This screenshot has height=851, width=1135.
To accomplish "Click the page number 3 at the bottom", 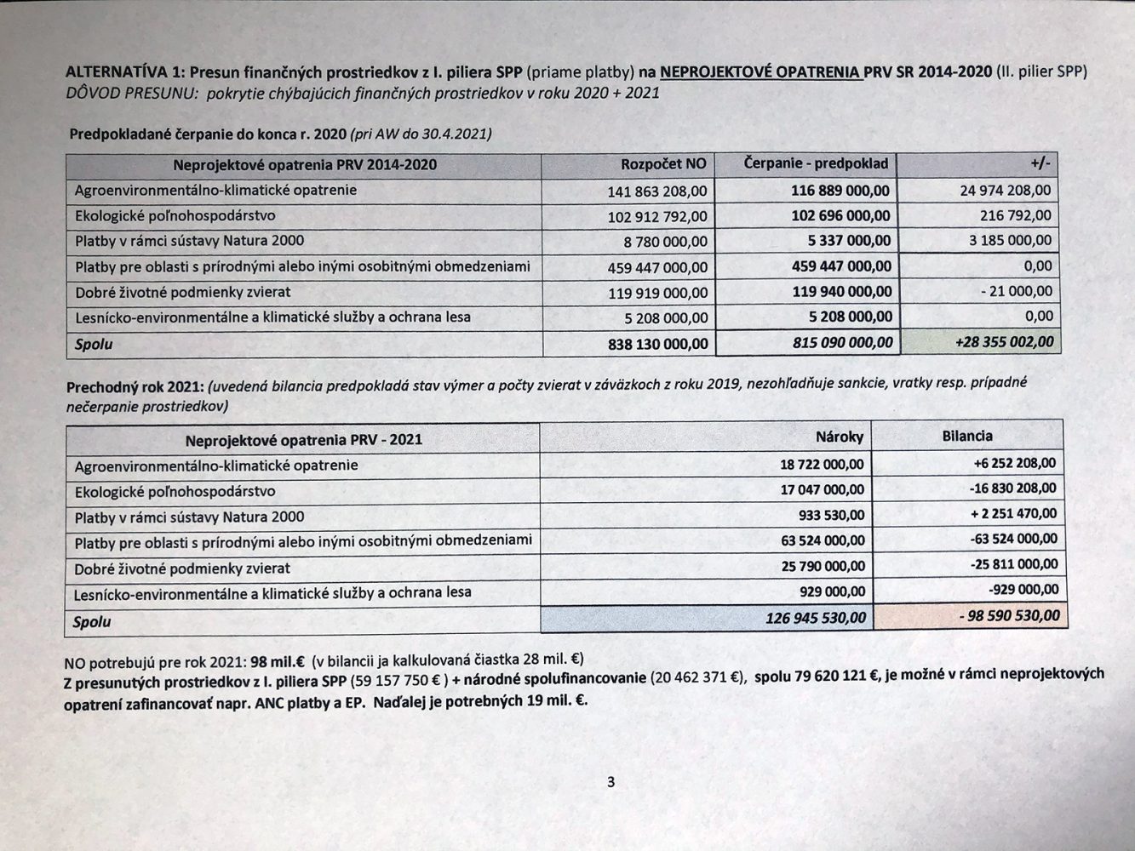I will point(610,782).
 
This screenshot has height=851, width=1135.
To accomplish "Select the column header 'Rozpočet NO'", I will point(663,164).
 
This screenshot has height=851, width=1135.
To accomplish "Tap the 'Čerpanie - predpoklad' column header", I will point(815,163).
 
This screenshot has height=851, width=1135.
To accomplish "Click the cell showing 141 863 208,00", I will point(656,191).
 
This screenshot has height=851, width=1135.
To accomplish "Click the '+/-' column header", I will point(1040,163).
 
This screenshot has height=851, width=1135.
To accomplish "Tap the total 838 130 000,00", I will point(656,343).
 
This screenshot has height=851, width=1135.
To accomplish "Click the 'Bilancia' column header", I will point(967,436).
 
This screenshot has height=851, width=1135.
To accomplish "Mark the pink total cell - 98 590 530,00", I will point(1012,615).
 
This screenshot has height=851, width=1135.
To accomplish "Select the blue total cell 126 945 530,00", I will point(815,617).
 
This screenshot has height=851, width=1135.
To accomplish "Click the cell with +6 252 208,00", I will point(1014,463).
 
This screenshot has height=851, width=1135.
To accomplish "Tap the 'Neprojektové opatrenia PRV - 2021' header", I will point(303,439).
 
